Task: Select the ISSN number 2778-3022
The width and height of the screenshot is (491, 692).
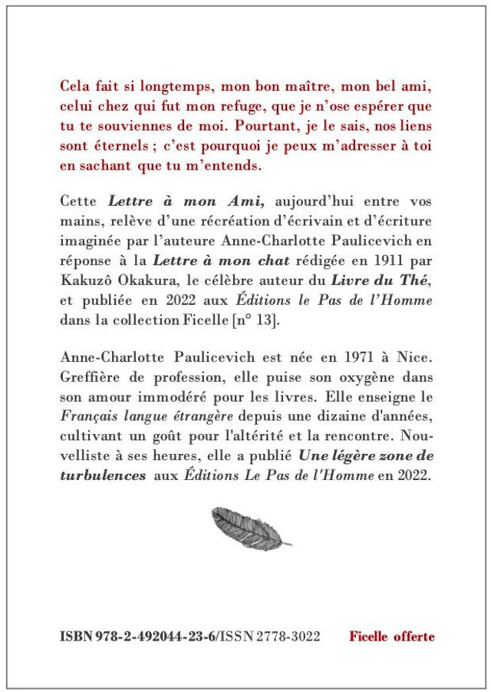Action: (x=291, y=637)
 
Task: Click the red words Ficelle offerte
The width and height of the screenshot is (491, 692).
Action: (x=391, y=637)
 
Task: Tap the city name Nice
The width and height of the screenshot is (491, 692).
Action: (x=414, y=359)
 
